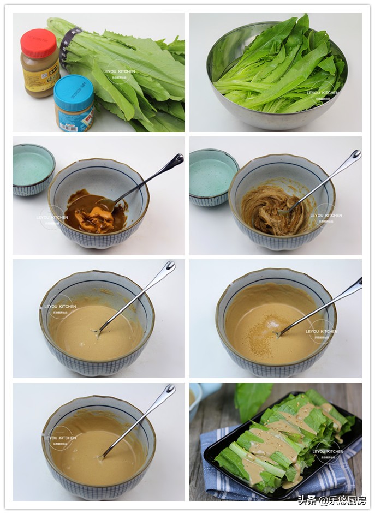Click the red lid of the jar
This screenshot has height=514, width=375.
tap(38, 43)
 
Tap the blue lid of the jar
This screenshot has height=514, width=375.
tap(74, 86)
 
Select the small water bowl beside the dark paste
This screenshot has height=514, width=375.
tap(33, 169)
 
